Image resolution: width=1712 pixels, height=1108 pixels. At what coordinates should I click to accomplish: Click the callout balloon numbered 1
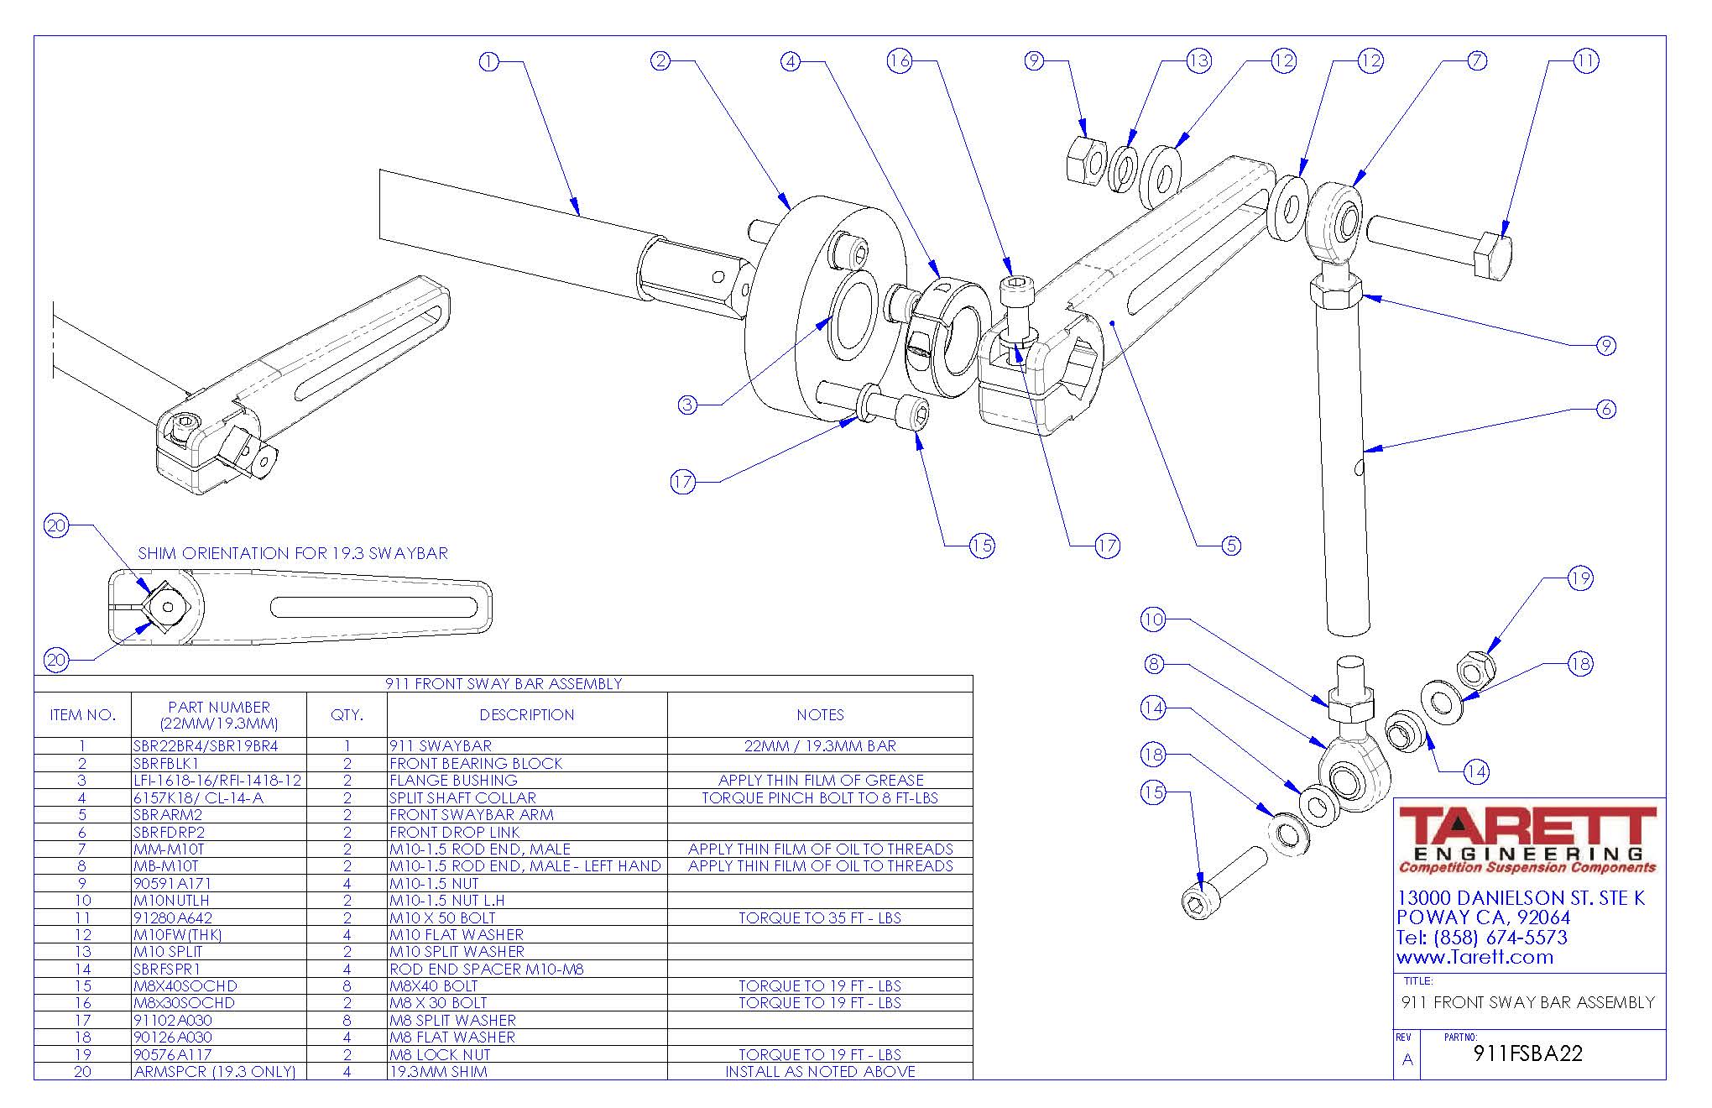(488, 61)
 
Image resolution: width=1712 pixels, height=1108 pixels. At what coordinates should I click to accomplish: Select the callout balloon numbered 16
(900, 61)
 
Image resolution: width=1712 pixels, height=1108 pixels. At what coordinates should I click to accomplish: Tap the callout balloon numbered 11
(1585, 61)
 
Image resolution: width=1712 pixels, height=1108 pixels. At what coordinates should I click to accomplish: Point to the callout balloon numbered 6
(1605, 409)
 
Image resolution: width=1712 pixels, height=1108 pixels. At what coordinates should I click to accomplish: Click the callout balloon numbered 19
(1580, 578)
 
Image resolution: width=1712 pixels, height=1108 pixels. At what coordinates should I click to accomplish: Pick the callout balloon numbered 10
(1153, 619)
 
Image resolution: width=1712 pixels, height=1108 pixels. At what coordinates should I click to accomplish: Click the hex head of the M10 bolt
(1493, 255)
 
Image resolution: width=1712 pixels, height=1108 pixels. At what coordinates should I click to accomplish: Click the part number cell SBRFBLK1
(166, 763)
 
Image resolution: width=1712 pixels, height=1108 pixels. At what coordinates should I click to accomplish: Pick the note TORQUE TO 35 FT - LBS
(819, 917)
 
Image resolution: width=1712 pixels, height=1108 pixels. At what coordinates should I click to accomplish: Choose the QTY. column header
(347, 715)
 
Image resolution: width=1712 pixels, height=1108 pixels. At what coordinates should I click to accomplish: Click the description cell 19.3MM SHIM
(438, 1072)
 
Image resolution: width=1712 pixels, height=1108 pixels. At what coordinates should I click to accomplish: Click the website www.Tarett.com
(1475, 957)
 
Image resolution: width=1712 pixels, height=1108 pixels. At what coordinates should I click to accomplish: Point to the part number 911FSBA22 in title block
(1527, 1053)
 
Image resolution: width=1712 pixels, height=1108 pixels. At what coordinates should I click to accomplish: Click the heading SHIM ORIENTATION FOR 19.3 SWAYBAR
(293, 553)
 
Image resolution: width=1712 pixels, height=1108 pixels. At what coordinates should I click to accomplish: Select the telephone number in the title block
(1481, 938)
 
